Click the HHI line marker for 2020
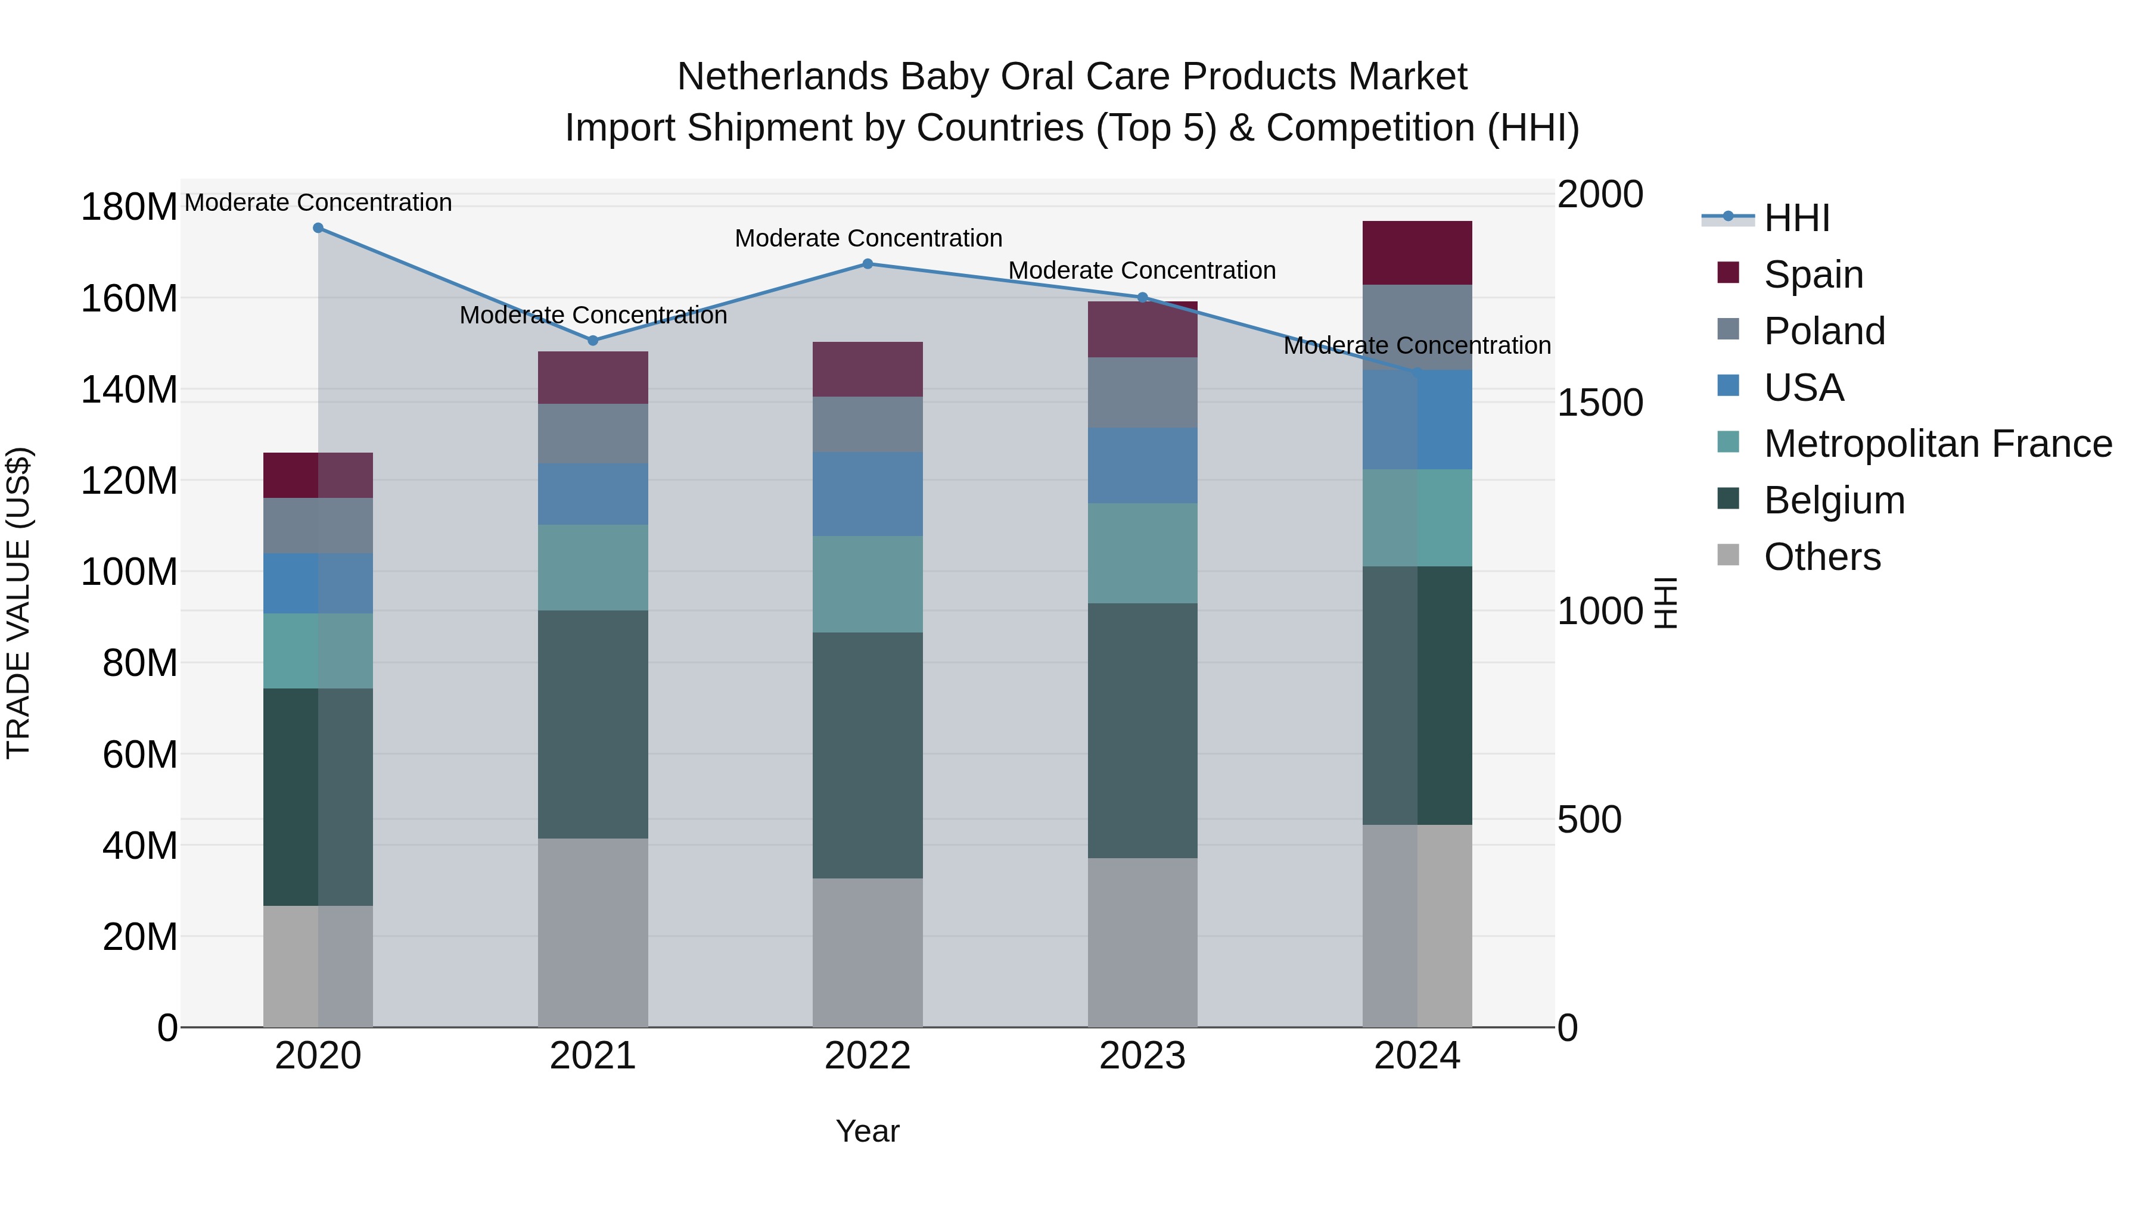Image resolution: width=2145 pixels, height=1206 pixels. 318,228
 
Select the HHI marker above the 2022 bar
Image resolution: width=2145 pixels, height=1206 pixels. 868,264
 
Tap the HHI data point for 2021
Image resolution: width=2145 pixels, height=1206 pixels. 593,341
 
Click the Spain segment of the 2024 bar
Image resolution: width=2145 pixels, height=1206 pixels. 1417,253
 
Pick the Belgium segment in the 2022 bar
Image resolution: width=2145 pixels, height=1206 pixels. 868,755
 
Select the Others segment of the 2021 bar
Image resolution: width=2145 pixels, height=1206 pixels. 593,932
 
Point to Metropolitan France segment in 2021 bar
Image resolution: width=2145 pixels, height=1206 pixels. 593,568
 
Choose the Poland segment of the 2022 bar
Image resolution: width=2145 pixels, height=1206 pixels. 868,425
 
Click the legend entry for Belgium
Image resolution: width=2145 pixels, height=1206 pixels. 1833,501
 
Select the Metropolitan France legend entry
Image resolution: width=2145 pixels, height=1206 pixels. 1937,444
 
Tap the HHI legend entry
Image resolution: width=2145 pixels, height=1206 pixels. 1796,218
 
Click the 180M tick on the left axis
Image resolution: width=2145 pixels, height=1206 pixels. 129,207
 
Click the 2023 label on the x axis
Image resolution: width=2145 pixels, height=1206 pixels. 1142,1056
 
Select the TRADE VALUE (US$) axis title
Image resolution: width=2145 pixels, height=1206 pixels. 19,603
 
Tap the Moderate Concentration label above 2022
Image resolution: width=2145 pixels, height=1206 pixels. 868,239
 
